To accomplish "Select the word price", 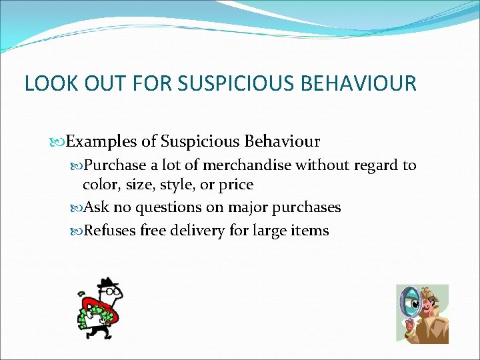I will [x=235, y=184].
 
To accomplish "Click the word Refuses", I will [x=110, y=231].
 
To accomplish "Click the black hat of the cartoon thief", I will [x=107, y=285].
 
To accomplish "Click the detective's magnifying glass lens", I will [x=407, y=301].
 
